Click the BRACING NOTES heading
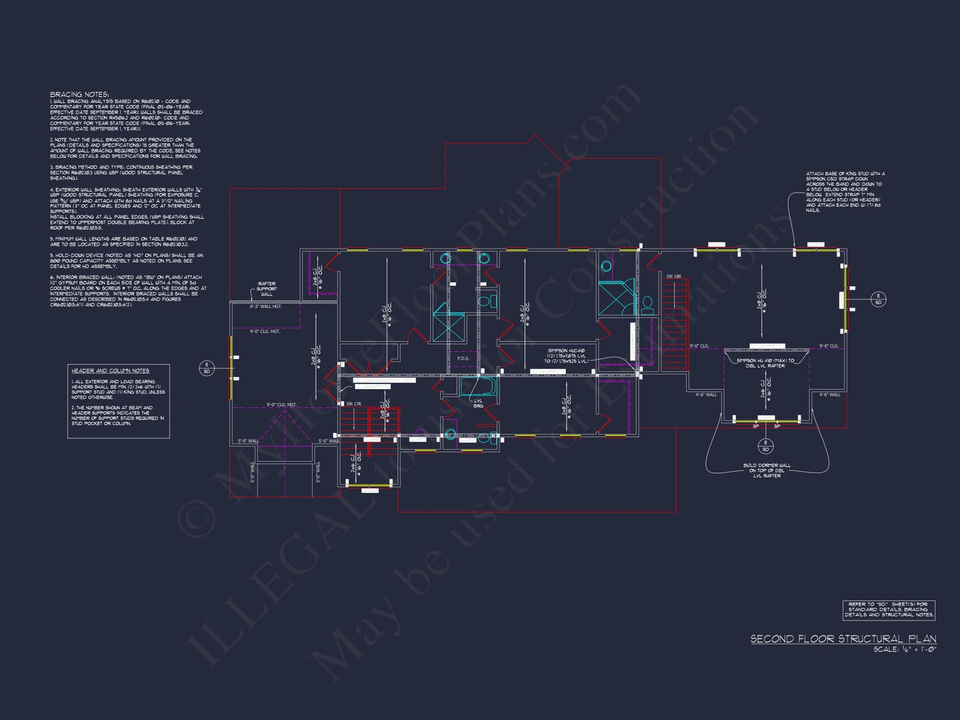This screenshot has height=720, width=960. click(80, 95)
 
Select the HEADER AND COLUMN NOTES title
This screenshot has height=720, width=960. click(110, 371)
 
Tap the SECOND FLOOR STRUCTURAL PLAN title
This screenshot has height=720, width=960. click(843, 639)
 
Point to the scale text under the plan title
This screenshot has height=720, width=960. click(905, 650)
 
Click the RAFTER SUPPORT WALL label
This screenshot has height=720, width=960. click(267, 289)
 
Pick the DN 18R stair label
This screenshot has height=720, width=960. click(674, 276)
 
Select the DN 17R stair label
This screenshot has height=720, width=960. click(354, 404)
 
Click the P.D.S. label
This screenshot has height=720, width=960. click(463, 358)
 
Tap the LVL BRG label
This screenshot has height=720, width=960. click(478, 403)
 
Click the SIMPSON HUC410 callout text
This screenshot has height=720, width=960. click(566, 356)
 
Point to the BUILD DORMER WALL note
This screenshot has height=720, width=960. click(767, 470)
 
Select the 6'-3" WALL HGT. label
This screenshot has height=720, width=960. click(265, 306)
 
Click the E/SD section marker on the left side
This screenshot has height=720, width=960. click(207, 368)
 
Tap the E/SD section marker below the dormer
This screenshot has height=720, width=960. click(765, 446)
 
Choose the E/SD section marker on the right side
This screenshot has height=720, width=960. click(878, 300)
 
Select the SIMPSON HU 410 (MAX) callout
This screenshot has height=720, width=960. click(765, 363)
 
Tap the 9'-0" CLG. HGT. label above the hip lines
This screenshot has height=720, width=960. click(282, 405)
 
